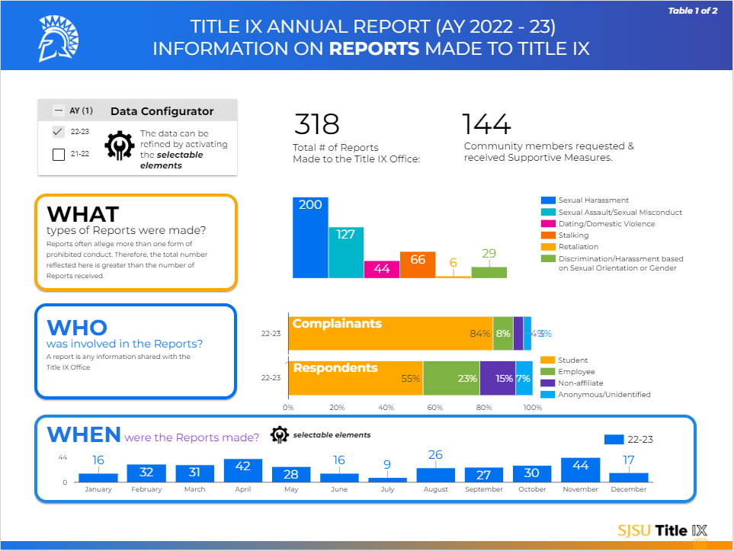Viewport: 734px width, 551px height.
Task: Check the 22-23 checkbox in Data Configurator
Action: click(59, 131)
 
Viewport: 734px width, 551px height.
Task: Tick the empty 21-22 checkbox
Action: click(59, 155)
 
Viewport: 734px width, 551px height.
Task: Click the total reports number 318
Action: click(316, 124)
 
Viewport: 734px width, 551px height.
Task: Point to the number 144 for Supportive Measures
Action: click(486, 124)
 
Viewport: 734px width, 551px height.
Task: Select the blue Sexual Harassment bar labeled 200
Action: click(310, 238)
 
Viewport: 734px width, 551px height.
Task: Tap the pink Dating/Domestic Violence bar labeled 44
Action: click(382, 270)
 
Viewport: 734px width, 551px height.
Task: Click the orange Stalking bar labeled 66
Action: click(418, 265)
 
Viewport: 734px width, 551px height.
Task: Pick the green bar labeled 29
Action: click(489, 272)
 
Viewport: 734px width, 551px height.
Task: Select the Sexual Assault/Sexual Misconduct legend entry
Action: click(620, 212)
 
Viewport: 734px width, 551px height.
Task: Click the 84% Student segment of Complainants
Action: click(390, 333)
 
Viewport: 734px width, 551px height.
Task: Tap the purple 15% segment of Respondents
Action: click(497, 378)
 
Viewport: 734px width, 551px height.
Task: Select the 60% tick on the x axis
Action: click(434, 408)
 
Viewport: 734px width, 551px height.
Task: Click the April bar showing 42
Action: click(243, 470)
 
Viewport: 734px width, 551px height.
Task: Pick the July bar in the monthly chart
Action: click(387, 479)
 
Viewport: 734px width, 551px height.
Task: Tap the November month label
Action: click(580, 489)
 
